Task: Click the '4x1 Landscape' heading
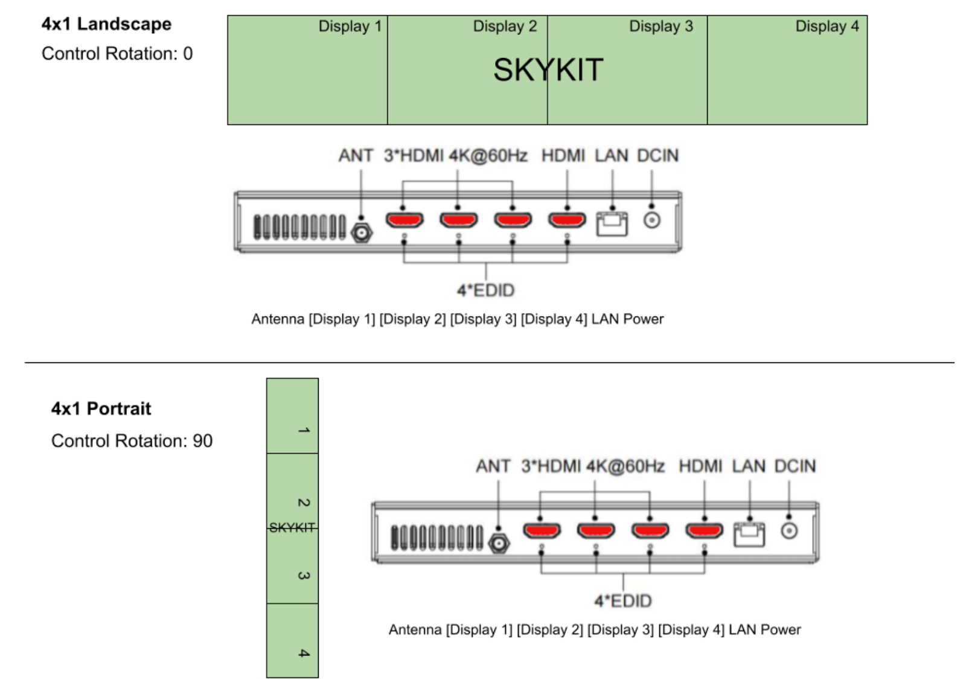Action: point(106,24)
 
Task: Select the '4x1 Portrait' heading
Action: point(101,408)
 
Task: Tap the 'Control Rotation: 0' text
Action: point(117,54)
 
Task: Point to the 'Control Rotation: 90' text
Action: point(132,440)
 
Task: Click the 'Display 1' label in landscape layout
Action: point(350,27)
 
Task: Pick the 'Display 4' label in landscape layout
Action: point(827,26)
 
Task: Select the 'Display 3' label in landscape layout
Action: point(661,27)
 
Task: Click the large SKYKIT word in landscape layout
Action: point(548,69)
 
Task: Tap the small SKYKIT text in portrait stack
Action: point(292,527)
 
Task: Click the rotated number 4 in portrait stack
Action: point(304,652)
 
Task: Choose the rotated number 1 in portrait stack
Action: point(304,430)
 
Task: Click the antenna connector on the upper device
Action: point(362,233)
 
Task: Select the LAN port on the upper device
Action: point(612,224)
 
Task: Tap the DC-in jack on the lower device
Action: point(789,530)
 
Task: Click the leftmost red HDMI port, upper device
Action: point(404,220)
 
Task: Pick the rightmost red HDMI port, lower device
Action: point(704,530)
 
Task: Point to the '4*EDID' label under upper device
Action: point(486,291)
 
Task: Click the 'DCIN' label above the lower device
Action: point(795,466)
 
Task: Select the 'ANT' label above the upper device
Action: point(356,155)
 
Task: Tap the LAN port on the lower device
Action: point(749,535)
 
